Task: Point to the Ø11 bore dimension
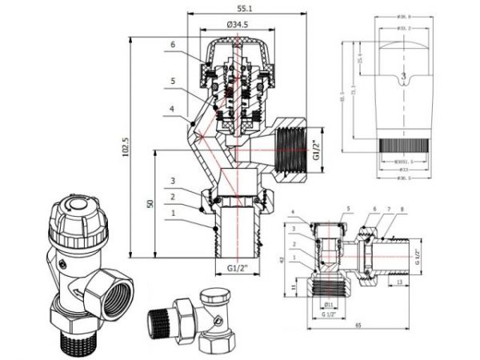[329, 303]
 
